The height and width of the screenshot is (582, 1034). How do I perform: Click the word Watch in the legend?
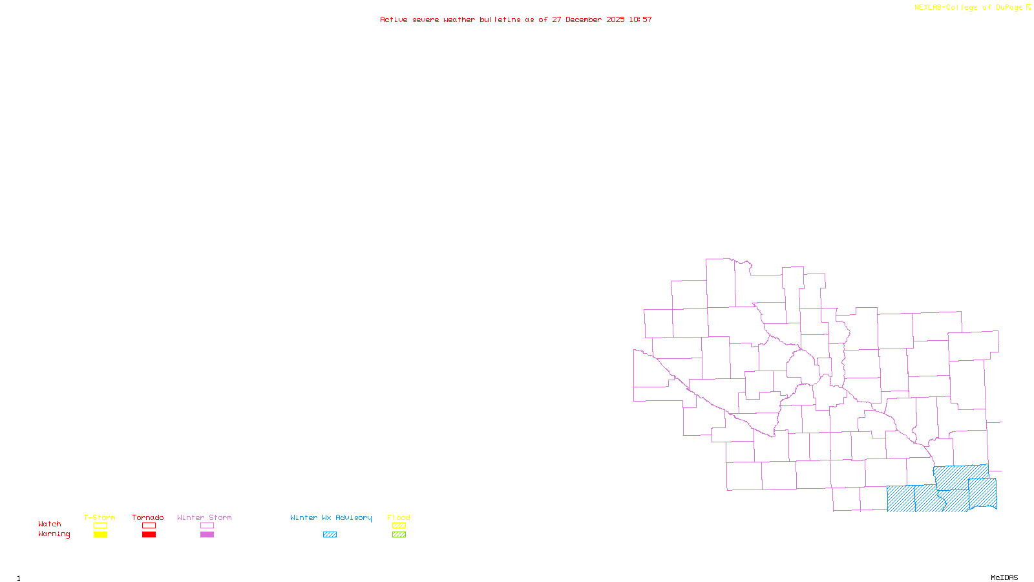coord(50,524)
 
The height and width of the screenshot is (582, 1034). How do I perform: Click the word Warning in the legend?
coord(54,534)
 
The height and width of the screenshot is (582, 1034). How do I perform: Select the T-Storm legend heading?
coord(100,517)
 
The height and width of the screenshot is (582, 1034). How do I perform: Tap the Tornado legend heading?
coord(148,517)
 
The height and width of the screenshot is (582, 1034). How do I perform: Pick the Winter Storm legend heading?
coord(204,517)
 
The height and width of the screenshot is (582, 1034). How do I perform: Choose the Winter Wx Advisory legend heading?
coord(331,517)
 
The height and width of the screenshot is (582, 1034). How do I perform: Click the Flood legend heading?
coord(399,517)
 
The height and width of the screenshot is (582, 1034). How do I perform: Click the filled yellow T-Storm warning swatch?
coord(100,535)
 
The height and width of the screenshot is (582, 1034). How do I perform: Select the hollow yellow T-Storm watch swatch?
coord(100,526)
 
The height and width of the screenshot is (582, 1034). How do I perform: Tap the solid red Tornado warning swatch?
coord(149,535)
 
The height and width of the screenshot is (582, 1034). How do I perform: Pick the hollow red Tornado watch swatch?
coord(149,526)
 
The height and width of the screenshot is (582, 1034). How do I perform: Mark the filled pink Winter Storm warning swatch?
coord(207,535)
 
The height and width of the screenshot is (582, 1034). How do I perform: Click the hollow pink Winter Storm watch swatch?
coord(207,526)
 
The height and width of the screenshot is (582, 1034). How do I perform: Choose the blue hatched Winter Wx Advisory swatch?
coord(330,535)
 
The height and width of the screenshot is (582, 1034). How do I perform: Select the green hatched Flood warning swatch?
coord(399,535)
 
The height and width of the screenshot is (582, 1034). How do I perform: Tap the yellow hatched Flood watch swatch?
coord(399,526)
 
